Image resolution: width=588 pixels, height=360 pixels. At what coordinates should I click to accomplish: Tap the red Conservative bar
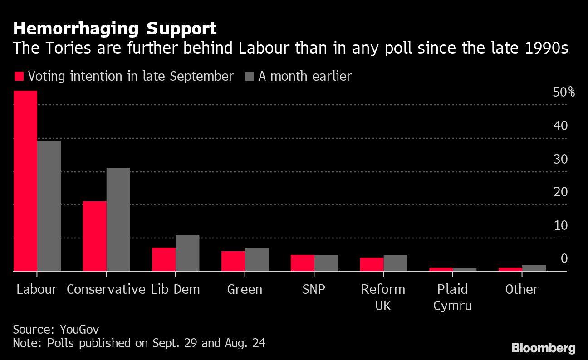tap(94, 236)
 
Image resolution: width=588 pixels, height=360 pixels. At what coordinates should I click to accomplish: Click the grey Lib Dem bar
tap(187, 253)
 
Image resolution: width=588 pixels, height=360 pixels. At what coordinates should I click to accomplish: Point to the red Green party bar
tap(233, 261)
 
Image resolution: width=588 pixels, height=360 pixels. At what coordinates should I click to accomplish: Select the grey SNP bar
tap(326, 263)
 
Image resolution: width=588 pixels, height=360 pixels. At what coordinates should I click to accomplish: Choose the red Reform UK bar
tap(372, 264)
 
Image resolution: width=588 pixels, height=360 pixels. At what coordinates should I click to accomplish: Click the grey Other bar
tap(534, 268)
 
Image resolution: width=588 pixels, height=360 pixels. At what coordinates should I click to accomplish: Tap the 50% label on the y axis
tap(563, 92)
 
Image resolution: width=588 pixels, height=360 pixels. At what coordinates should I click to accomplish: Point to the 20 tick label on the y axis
tap(560, 192)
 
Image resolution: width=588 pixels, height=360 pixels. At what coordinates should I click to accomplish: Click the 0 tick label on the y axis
tap(564, 258)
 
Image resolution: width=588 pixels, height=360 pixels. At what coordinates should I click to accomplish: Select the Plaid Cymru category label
tap(452, 297)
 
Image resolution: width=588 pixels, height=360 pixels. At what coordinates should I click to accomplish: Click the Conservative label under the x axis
tap(106, 289)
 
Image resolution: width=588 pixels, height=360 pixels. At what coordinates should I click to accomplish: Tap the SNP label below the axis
tap(314, 289)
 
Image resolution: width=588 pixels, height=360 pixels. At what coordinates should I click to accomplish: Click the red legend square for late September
tap(19, 76)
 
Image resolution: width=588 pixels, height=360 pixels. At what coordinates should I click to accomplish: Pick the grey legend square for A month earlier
tap(249, 76)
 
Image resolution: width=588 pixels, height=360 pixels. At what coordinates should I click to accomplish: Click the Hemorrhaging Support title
tap(115, 29)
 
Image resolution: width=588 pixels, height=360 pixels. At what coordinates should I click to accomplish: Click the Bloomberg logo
tap(543, 348)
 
